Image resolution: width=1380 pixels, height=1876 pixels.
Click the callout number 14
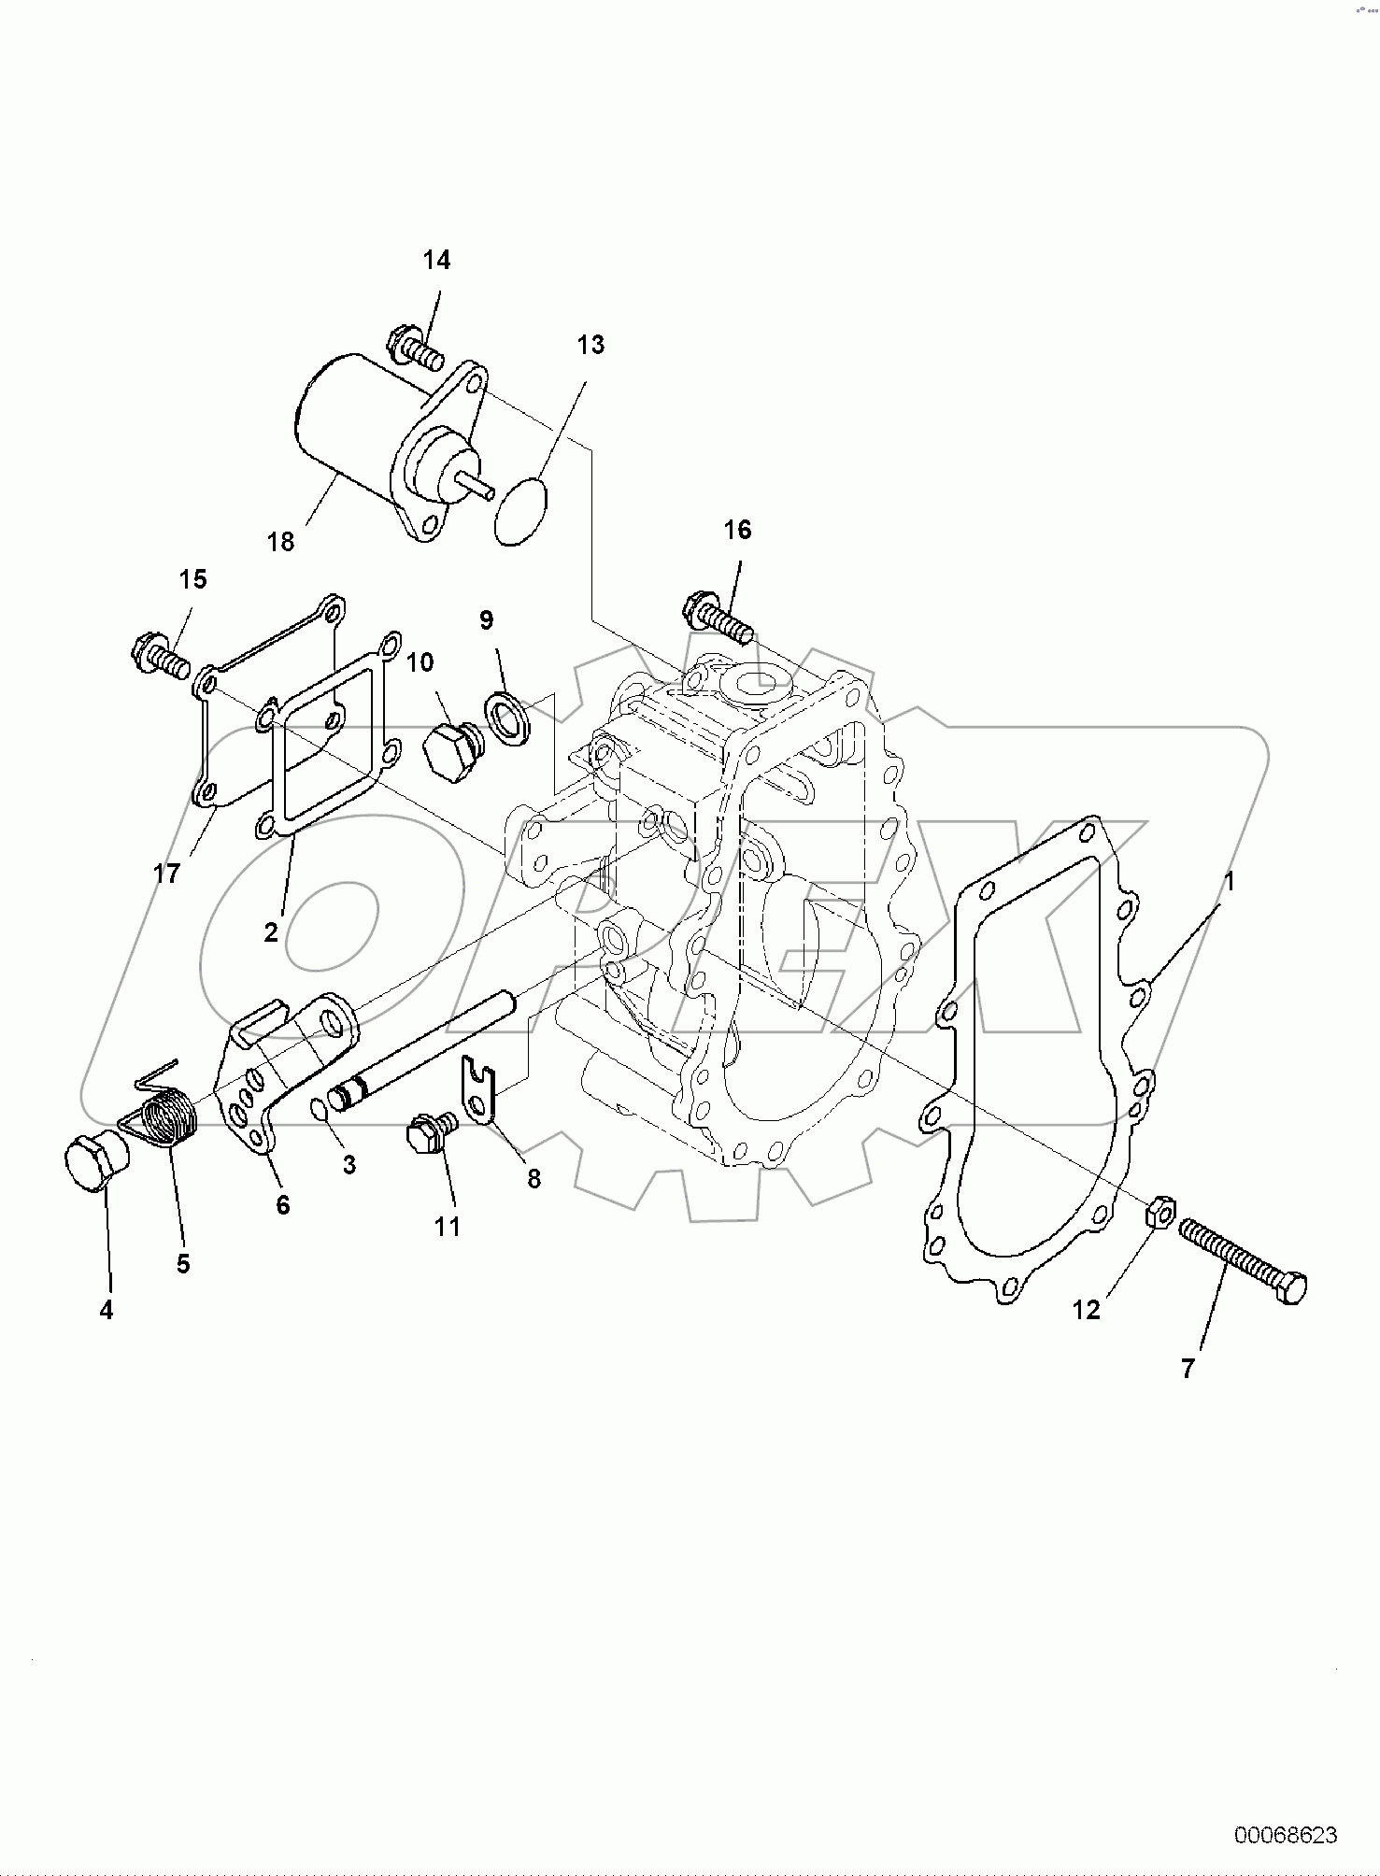[436, 261]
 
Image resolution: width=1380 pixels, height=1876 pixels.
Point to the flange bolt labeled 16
[716, 618]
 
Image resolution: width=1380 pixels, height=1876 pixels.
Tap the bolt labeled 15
[161, 655]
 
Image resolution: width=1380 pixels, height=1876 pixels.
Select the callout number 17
[166, 874]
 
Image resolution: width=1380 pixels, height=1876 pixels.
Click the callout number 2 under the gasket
[271, 931]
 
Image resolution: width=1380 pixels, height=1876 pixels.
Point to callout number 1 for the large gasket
[1230, 881]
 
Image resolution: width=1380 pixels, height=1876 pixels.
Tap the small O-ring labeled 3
[318, 1108]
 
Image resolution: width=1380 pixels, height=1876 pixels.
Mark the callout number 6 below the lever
[282, 1205]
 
